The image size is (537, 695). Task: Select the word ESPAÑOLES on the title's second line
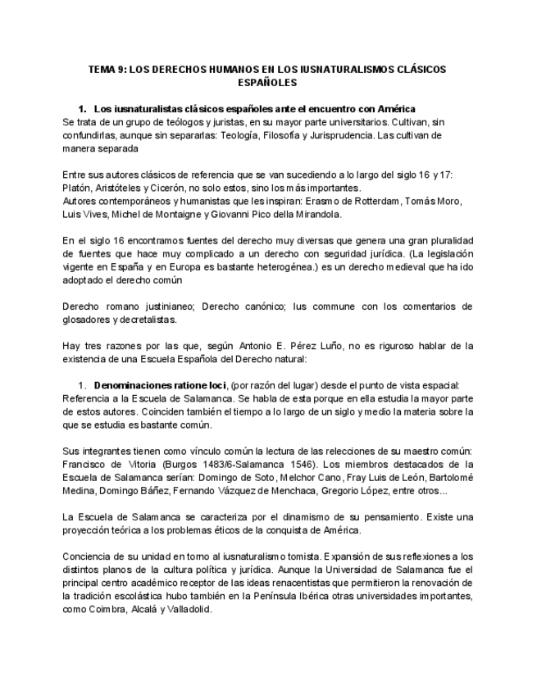point(267,83)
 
